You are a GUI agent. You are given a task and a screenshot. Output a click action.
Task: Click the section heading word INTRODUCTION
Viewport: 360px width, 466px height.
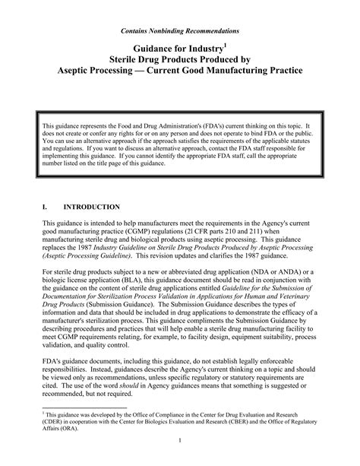coord(91,207)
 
